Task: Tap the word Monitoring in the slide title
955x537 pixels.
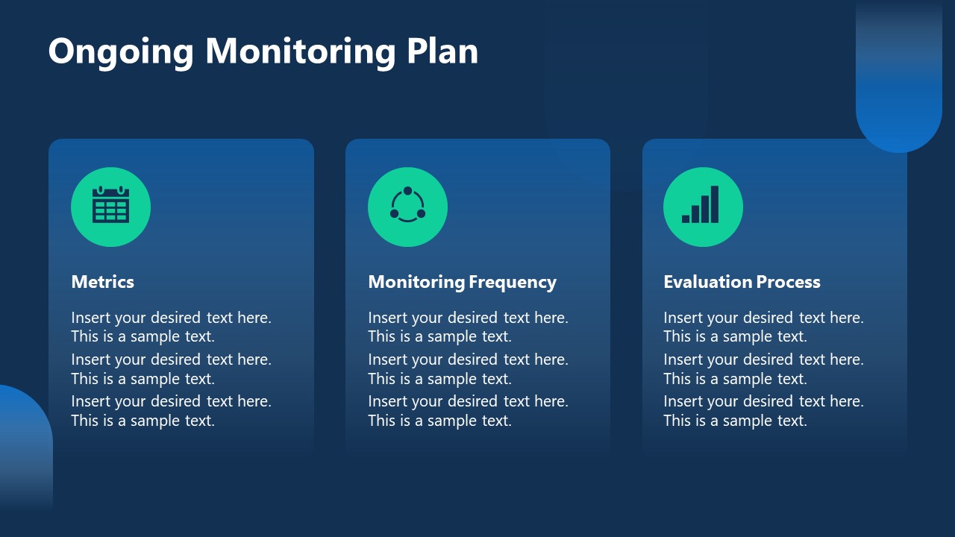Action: (301, 52)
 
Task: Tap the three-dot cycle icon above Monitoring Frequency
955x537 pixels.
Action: (407, 206)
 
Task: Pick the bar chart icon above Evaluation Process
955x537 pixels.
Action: (701, 206)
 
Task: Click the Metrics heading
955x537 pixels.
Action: (102, 282)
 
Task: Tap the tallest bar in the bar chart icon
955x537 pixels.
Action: (715, 204)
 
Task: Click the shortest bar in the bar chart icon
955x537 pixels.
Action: (686, 219)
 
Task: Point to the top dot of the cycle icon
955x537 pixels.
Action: (407, 191)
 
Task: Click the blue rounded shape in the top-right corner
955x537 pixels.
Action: (898, 82)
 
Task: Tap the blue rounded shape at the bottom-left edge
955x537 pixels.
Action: (22, 447)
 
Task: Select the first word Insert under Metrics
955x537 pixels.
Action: (89, 318)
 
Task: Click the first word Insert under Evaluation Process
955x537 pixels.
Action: (681, 318)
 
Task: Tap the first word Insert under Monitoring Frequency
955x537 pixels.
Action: (386, 318)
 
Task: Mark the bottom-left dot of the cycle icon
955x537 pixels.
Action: (394, 214)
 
